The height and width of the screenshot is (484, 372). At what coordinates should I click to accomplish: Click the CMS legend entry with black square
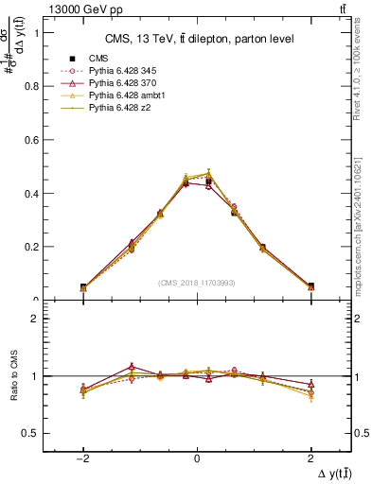click(x=99, y=58)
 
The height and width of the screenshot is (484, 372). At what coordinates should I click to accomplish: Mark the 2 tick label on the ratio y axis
click(x=32, y=319)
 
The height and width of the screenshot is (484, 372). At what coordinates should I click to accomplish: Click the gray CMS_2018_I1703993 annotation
click(x=196, y=283)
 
